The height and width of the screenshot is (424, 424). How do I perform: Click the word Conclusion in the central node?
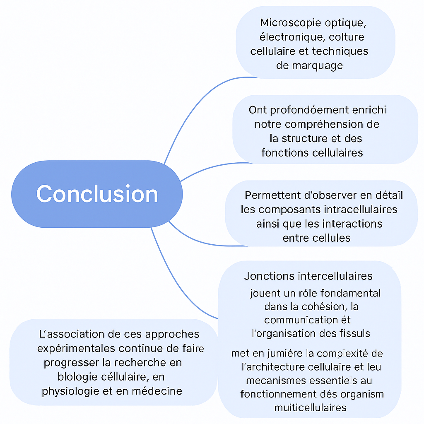[x=97, y=194]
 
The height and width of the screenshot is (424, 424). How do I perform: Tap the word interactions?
[x=352, y=224]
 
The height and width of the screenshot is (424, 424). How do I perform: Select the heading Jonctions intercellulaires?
[x=308, y=276]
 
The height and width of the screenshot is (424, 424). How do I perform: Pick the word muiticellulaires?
[x=310, y=407]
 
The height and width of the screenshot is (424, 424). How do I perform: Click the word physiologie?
[x=70, y=391]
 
